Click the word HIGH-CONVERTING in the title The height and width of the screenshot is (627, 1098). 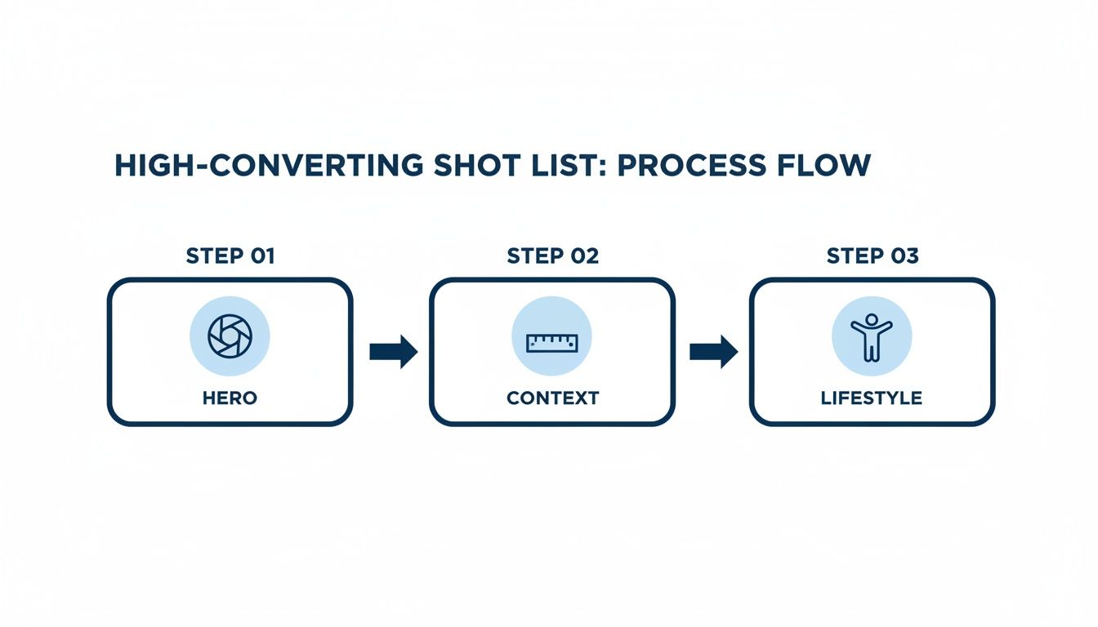269,166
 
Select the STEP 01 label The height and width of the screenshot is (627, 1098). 230,256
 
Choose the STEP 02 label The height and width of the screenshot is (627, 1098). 552,256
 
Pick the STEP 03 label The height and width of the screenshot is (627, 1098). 873,256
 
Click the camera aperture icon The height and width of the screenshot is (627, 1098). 230,336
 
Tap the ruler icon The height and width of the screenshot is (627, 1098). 552,342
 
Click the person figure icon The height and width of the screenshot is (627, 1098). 872,337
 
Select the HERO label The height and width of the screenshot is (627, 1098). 230,398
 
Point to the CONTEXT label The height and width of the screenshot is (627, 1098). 552,398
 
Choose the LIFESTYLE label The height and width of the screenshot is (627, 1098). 872,398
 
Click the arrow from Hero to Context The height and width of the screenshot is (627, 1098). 394,352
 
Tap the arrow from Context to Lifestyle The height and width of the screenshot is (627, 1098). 714,352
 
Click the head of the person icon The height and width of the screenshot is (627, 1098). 872,319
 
